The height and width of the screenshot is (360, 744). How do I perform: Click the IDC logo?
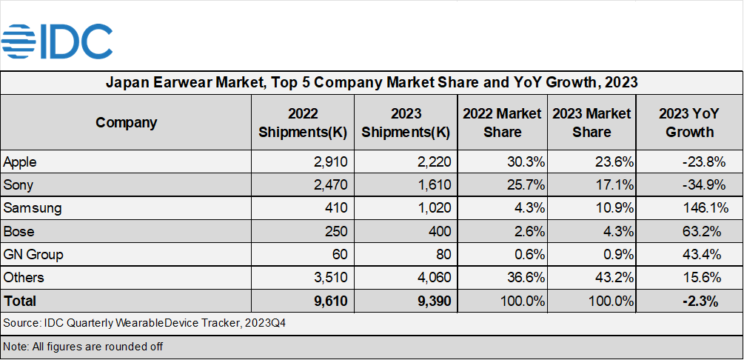58,41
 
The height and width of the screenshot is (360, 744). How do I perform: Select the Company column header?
126,122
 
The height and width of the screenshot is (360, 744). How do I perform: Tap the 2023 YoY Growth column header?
689,122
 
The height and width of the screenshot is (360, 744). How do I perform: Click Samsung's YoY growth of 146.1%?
700,208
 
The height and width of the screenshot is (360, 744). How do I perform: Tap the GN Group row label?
33,254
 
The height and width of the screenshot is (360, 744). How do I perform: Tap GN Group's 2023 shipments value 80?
442,254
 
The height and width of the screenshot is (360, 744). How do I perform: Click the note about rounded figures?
83,346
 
